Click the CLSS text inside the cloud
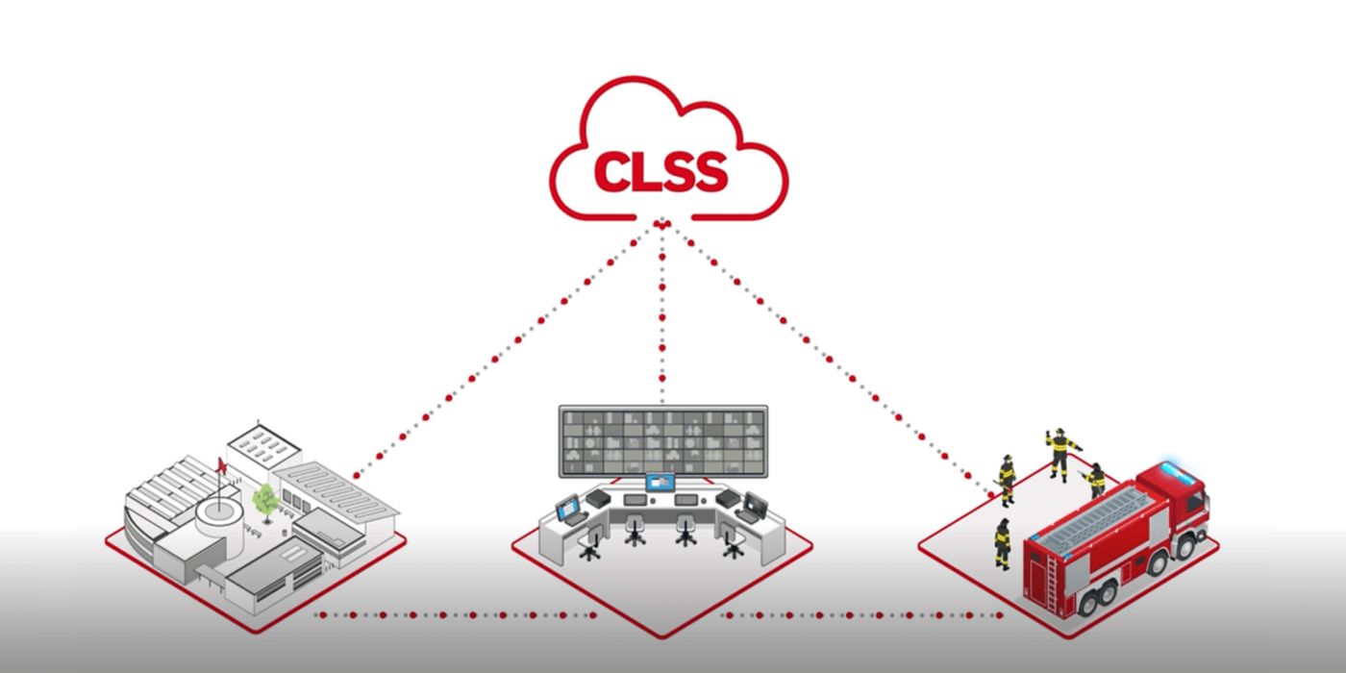coord(661,171)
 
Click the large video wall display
coord(663,441)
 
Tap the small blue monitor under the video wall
coord(661,483)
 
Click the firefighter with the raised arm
coord(1059,454)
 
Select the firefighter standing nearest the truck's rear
coord(1002,544)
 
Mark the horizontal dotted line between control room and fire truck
coord(861,615)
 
